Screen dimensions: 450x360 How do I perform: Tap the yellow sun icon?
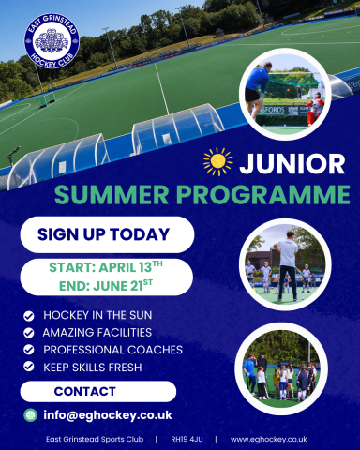(217, 161)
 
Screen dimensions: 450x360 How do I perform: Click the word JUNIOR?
(291, 163)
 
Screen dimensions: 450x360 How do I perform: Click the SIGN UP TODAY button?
(104, 234)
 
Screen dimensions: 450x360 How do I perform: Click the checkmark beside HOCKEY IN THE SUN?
(29, 316)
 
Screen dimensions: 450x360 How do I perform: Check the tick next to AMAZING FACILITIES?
(29, 333)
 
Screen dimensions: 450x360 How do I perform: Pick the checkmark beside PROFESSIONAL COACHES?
(29, 350)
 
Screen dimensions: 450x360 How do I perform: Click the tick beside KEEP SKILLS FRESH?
(29, 367)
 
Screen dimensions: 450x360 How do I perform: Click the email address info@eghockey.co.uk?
(107, 414)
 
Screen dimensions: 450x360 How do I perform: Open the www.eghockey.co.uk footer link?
(268, 439)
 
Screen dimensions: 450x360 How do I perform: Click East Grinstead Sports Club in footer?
(96, 439)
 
